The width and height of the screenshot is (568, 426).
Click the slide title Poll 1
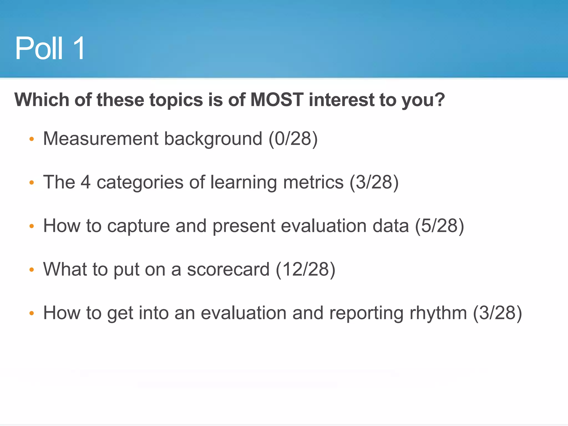point(50,49)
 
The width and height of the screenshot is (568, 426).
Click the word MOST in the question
point(277,100)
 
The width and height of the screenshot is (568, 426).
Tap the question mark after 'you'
point(440,100)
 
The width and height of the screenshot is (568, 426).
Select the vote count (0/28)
point(293,139)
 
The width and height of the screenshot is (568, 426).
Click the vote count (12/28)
point(305,269)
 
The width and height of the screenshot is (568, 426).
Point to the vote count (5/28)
point(440,226)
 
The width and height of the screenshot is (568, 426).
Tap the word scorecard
point(228,269)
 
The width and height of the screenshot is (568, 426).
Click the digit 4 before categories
point(85,182)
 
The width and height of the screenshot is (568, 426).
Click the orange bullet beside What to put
point(32,270)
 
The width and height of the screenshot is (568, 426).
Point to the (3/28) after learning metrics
point(374,182)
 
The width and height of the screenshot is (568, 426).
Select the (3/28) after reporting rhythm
point(497,313)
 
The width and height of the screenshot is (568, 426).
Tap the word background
point(213,139)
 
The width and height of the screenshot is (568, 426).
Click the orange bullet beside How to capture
point(32,226)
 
